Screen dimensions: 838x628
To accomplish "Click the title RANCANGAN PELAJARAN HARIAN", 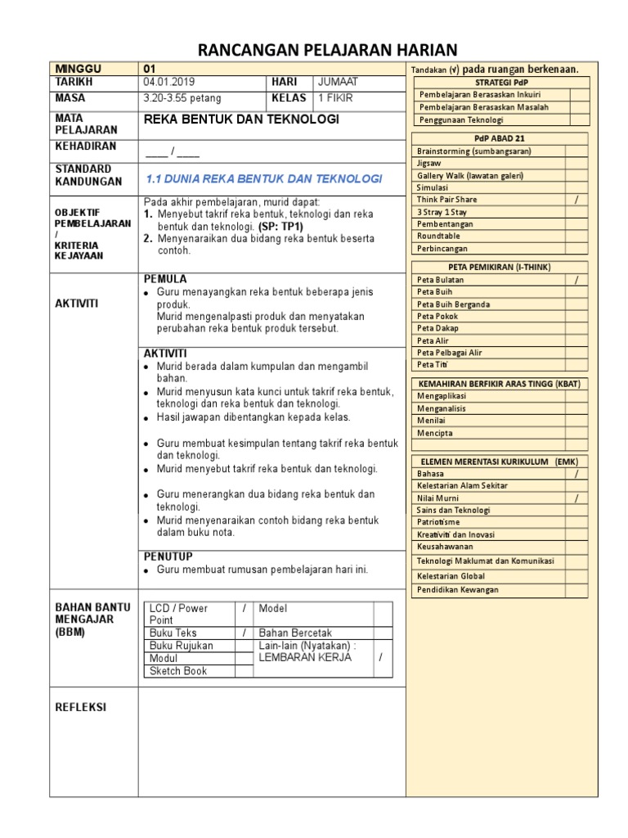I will [328, 49].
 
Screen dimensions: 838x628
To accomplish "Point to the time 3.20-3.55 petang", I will [182, 98].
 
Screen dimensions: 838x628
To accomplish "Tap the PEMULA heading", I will [165, 279].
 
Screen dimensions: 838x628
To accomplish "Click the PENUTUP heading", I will [168, 556].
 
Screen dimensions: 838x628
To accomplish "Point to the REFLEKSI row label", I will [80, 707].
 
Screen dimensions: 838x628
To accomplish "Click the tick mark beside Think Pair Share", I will [576, 200].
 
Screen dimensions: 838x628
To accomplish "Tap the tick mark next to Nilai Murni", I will [576, 498].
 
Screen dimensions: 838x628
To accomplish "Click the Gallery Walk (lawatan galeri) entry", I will [469, 176].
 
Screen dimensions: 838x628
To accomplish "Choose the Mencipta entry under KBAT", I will [435, 433].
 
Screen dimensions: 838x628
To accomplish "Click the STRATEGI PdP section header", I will [500, 83].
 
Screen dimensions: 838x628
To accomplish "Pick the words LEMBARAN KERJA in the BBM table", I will [295, 658].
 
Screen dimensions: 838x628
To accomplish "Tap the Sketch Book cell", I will [178, 671].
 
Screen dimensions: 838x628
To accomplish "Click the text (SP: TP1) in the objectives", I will [280, 226].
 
